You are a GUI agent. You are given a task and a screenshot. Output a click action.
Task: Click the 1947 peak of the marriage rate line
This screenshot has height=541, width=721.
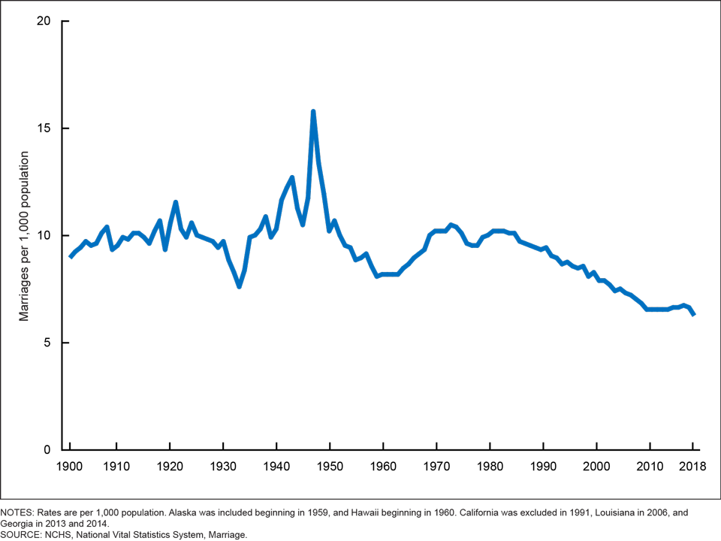[313, 112]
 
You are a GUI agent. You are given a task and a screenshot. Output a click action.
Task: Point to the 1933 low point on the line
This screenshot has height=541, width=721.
[239, 286]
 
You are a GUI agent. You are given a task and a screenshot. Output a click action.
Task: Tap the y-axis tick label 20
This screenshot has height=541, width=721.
[43, 21]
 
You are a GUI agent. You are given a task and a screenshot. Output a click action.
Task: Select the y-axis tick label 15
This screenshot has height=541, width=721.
[43, 128]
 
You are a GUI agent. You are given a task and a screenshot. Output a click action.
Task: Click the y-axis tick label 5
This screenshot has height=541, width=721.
[46, 343]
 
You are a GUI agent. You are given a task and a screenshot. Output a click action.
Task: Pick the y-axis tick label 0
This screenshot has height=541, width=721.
[46, 450]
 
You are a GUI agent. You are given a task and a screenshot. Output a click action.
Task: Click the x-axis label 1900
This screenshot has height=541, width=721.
[70, 466]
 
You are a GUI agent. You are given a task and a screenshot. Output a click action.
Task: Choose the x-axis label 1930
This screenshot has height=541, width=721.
[223, 466]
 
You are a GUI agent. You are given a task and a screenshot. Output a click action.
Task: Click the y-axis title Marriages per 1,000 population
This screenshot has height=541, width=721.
[24, 236]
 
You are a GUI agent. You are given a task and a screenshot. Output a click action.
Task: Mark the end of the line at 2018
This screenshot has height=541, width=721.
[693, 314]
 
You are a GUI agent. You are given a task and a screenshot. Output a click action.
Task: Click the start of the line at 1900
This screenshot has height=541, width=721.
[71, 256]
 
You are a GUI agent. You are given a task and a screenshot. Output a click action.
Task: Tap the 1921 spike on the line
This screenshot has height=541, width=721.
[175, 202]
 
